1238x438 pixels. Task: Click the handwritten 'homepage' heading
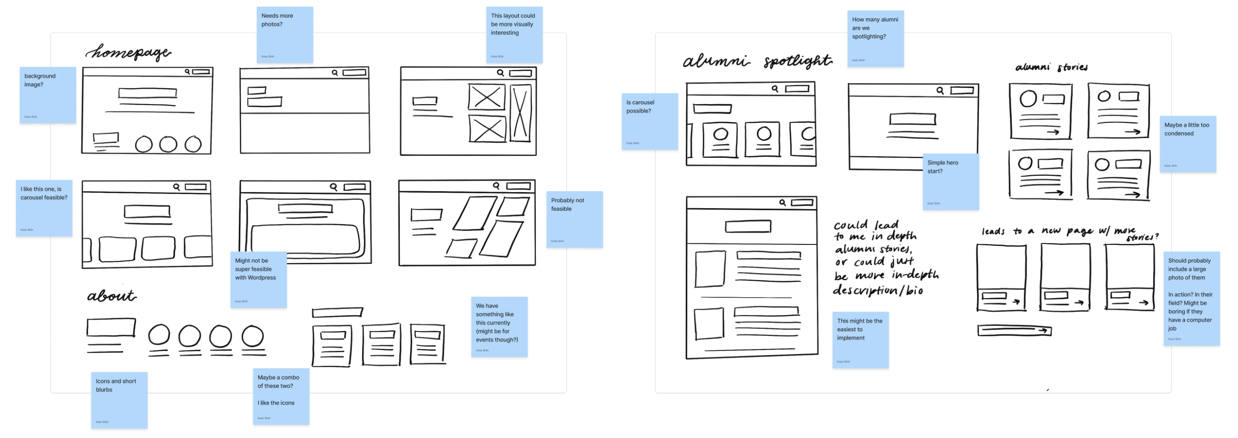[x=129, y=52]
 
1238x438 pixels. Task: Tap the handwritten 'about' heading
[x=112, y=295]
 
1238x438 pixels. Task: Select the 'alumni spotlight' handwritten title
[x=757, y=61]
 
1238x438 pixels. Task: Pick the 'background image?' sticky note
[x=48, y=95]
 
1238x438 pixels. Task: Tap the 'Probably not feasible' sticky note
[x=574, y=219]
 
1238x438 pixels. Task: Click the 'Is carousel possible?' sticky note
[x=649, y=121]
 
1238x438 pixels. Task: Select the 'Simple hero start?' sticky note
[x=950, y=181]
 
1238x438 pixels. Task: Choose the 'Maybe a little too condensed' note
[x=1187, y=144]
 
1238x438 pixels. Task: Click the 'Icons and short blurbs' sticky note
[x=119, y=400]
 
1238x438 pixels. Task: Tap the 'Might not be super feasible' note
[x=258, y=279]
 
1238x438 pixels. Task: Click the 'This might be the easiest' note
[x=860, y=340]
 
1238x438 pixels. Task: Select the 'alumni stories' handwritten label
[x=1051, y=67]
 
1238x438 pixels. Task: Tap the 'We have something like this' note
[x=499, y=327]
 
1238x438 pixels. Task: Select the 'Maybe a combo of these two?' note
[x=280, y=396]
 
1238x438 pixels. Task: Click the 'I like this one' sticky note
[x=44, y=208]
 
